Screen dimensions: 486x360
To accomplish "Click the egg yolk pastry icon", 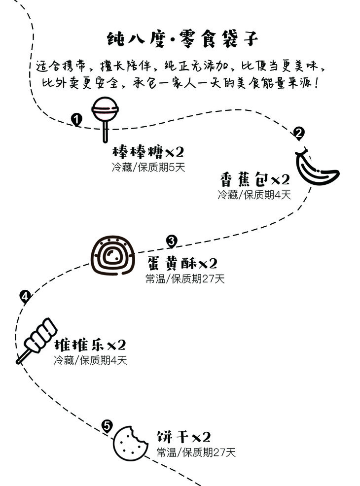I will (112, 255).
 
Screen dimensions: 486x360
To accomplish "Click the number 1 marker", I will (76, 119).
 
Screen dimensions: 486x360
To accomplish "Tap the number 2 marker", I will (298, 133).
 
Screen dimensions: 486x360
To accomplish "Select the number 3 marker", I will (171, 241).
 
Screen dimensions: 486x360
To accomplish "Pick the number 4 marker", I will (25, 296).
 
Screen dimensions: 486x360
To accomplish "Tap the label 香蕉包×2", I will (254, 178).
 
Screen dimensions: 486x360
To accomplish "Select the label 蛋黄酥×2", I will (182, 263).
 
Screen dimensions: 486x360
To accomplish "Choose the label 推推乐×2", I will (90, 344).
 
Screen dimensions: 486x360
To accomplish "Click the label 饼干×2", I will (184, 437).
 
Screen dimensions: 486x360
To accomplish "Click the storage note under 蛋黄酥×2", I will (185, 279).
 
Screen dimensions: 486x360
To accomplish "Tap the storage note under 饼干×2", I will (196, 452).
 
